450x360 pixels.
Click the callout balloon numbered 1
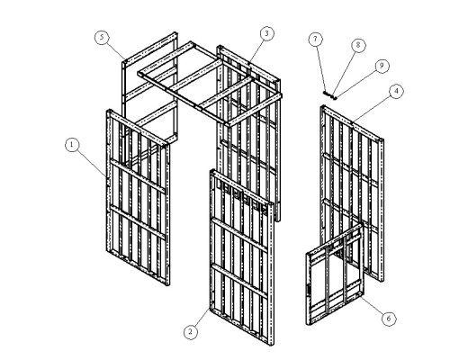pyautogui.click(x=72, y=145)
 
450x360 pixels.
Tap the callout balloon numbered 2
pyautogui.click(x=191, y=332)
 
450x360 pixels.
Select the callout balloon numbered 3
pyautogui.click(x=266, y=33)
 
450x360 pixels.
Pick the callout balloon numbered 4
pyautogui.click(x=396, y=91)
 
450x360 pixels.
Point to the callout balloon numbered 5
pyautogui.click(x=102, y=37)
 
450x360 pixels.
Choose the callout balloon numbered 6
pyautogui.click(x=389, y=318)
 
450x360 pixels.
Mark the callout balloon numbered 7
pyautogui.click(x=315, y=39)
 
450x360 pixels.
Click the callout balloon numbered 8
pyautogui.click(x=358, y=45)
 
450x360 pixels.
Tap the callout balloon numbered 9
pyautogui.click(x=382, y=66)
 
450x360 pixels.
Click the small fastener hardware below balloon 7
pyautogui.click(x=330, y=95)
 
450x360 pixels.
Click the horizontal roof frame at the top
pyautogui.click(x=210, y=84)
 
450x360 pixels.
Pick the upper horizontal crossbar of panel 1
pyautogui.click(x=138, y=176)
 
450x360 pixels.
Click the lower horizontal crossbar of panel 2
pyautogui.click(x=239, y=281)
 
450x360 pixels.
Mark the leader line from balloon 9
pyautogui.click(x=355, y=82)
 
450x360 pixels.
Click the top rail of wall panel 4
pyautogui.click(x=352, y=123)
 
